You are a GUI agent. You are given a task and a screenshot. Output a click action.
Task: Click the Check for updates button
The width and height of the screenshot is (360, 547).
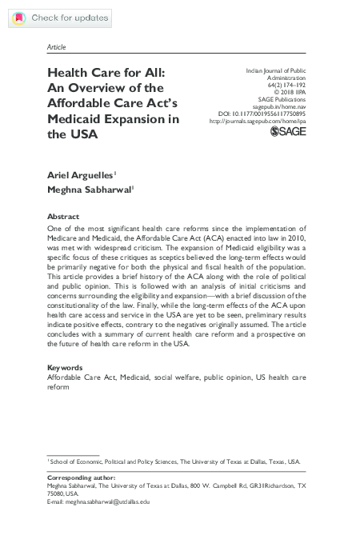coord(55,17)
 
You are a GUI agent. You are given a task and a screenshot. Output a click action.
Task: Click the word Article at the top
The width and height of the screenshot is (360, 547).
coord(57,48)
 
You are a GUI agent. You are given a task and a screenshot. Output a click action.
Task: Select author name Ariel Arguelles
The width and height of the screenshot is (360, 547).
coord(80,174)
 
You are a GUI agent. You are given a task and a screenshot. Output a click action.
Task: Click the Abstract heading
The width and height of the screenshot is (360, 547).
coord(63,217)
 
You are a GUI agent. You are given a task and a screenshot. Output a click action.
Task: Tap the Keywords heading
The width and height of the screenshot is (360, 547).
coord(66,367)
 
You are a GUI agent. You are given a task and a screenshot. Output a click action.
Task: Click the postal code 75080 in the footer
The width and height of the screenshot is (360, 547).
coord(58,493)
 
